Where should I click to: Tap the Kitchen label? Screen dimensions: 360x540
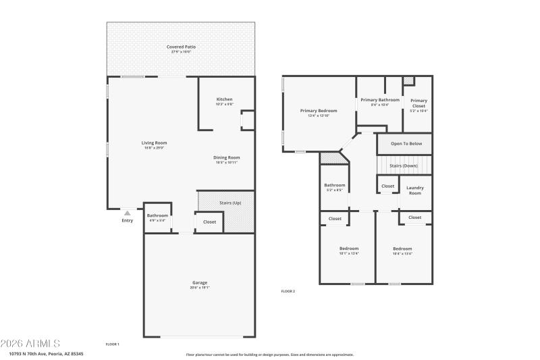click(x=224, y=99)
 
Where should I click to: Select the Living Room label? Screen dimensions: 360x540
click(x=154, y=143)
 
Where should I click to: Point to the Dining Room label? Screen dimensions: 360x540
click(x=227, y=157)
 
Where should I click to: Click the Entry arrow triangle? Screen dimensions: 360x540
click(x=127, y=213)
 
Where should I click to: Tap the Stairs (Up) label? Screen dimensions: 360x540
click(x=230, y=203)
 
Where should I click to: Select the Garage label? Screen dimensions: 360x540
click(x=200, y=282)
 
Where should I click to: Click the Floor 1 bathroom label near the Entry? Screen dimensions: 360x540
click(x=157, y=215)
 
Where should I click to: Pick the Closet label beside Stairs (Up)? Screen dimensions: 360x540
click(x=209, y=222)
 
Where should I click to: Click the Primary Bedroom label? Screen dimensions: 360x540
click(x=318, y=110)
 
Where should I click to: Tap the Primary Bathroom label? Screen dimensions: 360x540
click(x=379, y=100)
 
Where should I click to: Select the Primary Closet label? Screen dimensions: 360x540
click(x=418, y=103)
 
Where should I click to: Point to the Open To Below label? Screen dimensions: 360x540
click(x=406, y=143)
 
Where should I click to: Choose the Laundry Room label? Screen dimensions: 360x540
click(x=414, y=190)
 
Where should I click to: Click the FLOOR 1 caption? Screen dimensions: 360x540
click(x=113, y=344)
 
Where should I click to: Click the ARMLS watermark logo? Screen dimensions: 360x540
click(x=31, y=343)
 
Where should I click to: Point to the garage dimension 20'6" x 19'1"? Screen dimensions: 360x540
click(x=200, y=287)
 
